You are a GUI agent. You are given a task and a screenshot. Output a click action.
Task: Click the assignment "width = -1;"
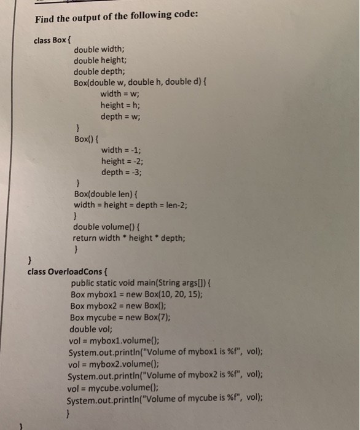(122, 150)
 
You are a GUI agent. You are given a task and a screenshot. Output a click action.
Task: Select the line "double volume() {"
(108, 227)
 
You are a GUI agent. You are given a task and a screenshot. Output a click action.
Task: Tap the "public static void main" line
(141, 283)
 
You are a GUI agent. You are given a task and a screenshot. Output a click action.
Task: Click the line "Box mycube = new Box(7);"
(120, 318)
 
